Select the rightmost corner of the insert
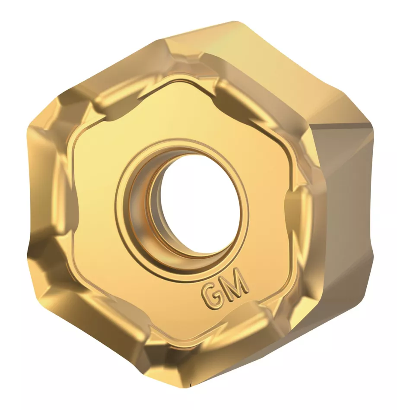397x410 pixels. click(372, 125)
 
